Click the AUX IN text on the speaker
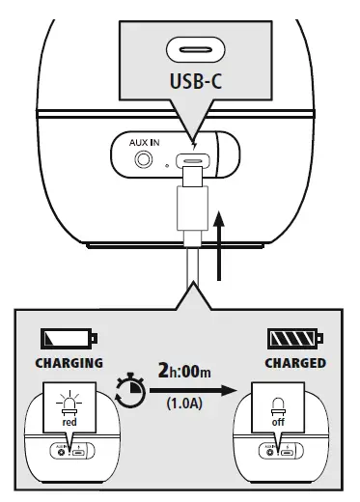pyautogui.click(x=144, y=141)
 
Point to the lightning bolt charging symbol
pyautogui.click(x=197, y=140)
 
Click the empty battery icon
pyautogui.click(x=69, y=338)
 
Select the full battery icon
pyautogui.click(x=296, y=338)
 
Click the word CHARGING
pyautogui.click(x=69, y=364)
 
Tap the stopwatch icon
pyautogui.click(x=129, y=388)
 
